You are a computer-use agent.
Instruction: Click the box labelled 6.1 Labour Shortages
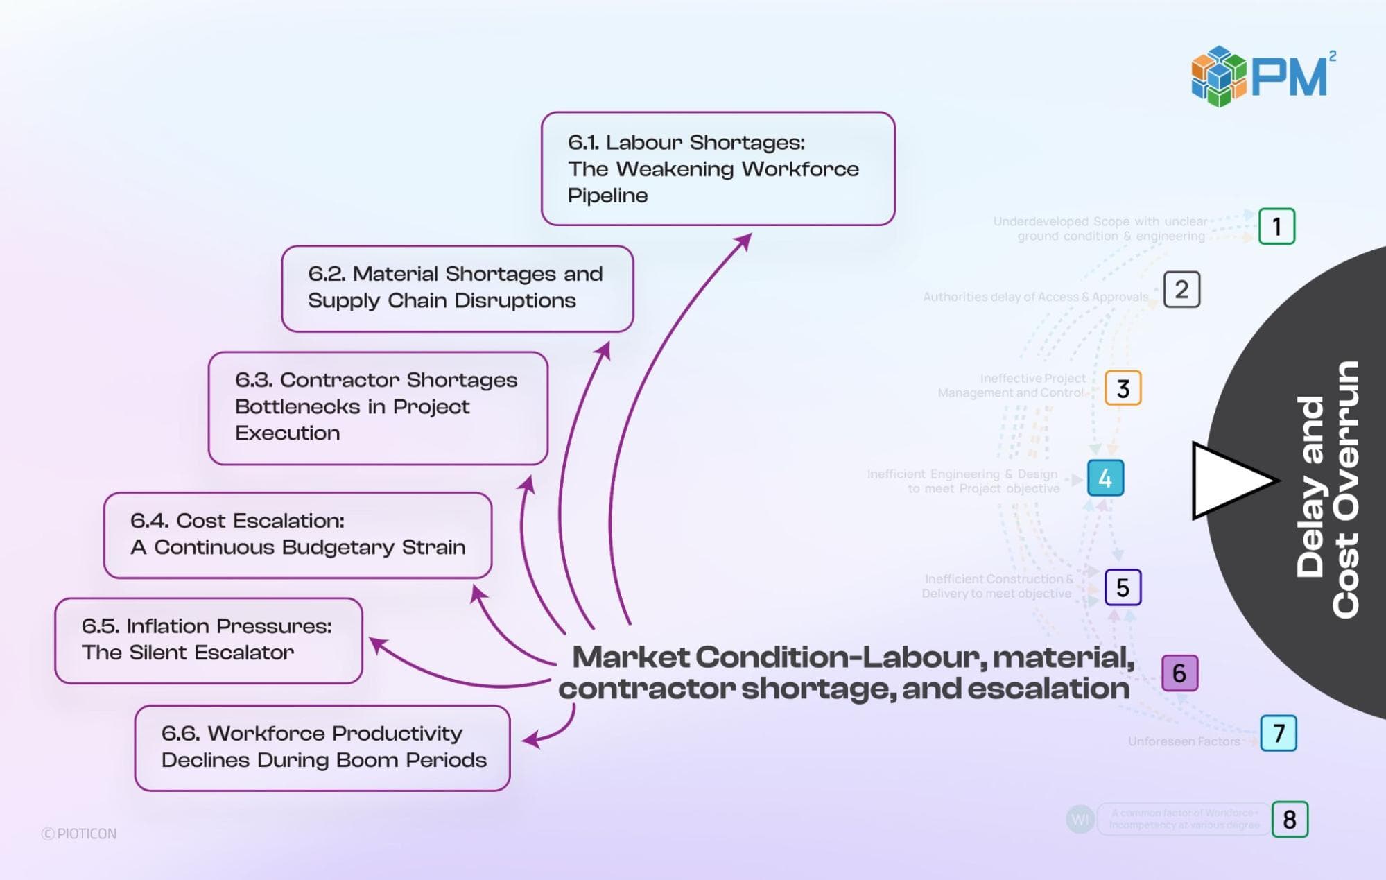pyautogui.click(x=718, y=169)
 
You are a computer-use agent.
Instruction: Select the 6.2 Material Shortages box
pyautogui.click(x=457, y=288)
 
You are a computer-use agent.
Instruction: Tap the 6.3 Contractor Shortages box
pyautogui.click(x=378, y=407)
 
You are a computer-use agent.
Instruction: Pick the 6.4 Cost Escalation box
pyautogui.click(x=297, y=535)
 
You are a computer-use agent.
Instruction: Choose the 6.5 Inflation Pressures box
pyautogui.click(x=208, y=640)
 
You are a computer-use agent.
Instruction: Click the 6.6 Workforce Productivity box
pyautogui.click(x=322, y=748)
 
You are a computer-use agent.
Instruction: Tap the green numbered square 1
pyautogui.click(x=1276, y=226)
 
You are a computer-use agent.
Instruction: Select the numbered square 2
pyautogui.click(x=1181, y=289)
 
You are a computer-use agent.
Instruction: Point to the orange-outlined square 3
pyautogui.click(x=1123, y=388)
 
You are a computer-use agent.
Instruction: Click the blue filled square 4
pyautogui.click(x=1105, y=478)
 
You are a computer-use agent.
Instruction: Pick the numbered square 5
pyautogui.click(x=1123, y=587)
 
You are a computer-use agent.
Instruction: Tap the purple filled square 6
pyautogui.click(x=1179, y=673)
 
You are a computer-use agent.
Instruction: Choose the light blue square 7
pyautogui.click(x=1279, y=733)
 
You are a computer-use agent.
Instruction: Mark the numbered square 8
pyautogui.click(x=1290, y=820)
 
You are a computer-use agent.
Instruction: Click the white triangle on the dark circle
pyautogui.click(x=1227, y=481)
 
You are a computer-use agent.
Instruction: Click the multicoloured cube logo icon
pyautogui.click(x=1218, y=76)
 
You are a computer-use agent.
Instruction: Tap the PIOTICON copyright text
pyautogui.click(x=79, y=834)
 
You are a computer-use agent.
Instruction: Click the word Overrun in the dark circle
pyautogui.click(x=1345, y=490)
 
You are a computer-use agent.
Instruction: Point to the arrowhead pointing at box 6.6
pyautogui.click(x=531, y=741)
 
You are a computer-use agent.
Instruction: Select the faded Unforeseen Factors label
pyautogui.click(x=1184, y=741)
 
